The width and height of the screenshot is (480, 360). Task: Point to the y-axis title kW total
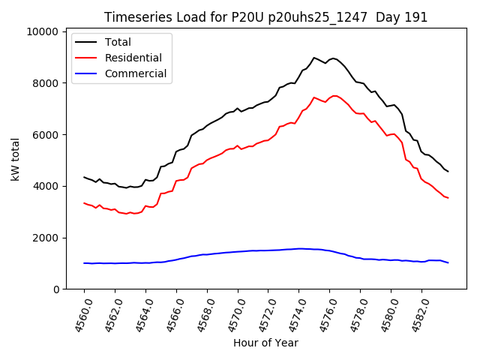coord(15,160)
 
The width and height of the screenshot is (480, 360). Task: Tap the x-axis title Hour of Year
coord(266,343)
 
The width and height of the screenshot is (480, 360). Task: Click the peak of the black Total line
coord(314,57)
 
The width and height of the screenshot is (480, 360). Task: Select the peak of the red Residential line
coord(314,97)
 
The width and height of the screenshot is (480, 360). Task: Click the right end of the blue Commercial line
coord(448,262)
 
